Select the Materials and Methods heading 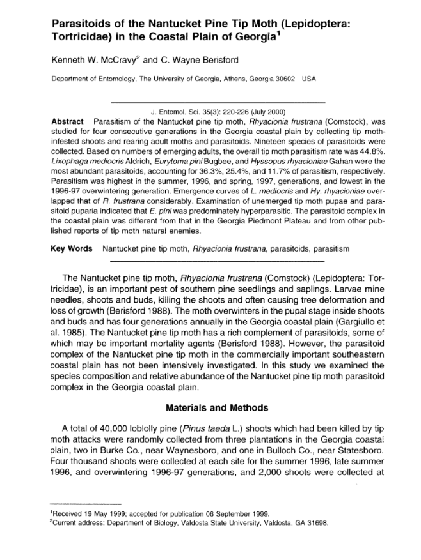(218, 407)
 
